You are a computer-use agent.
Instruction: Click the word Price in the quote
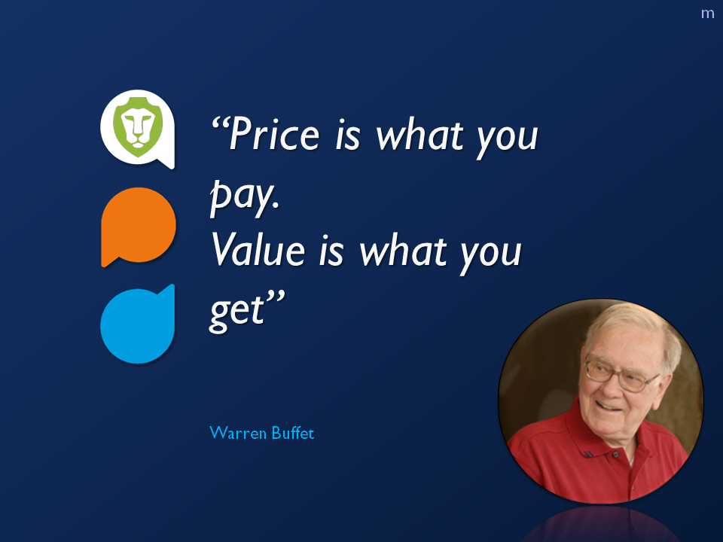(x=275, y=134)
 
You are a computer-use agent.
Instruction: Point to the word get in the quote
(x=237, y=310)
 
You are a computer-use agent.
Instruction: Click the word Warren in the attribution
(x=238, y=433)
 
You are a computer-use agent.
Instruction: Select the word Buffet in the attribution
(x=293, y=433)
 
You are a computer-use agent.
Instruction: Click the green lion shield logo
(x=137, y=126)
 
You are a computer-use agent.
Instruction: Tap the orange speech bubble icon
(x=139, y=227)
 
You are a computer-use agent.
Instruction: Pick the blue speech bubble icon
(x=137, y=324)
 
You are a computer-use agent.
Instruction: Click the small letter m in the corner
(x=707, y=14)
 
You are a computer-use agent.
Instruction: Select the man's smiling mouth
(x=609, y=406)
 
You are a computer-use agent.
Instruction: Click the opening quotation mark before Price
(x=220, y=123)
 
